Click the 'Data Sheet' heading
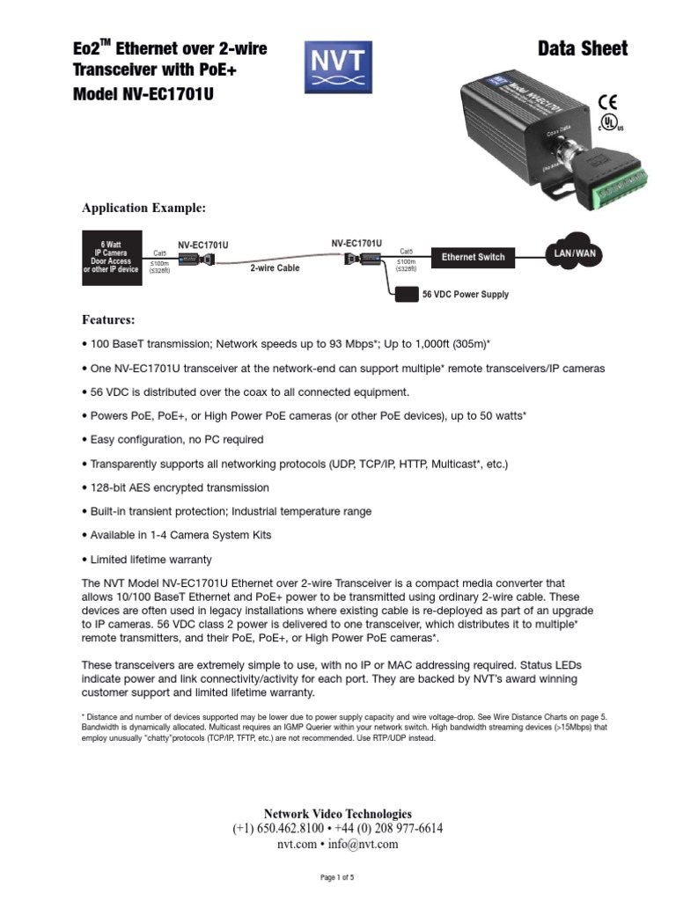583,48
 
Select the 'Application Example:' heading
143,209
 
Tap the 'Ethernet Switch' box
473,257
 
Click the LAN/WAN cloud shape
574,253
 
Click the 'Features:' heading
108,319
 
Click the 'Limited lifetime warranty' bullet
149,559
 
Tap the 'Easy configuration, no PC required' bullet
174,439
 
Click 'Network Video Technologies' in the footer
338,814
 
